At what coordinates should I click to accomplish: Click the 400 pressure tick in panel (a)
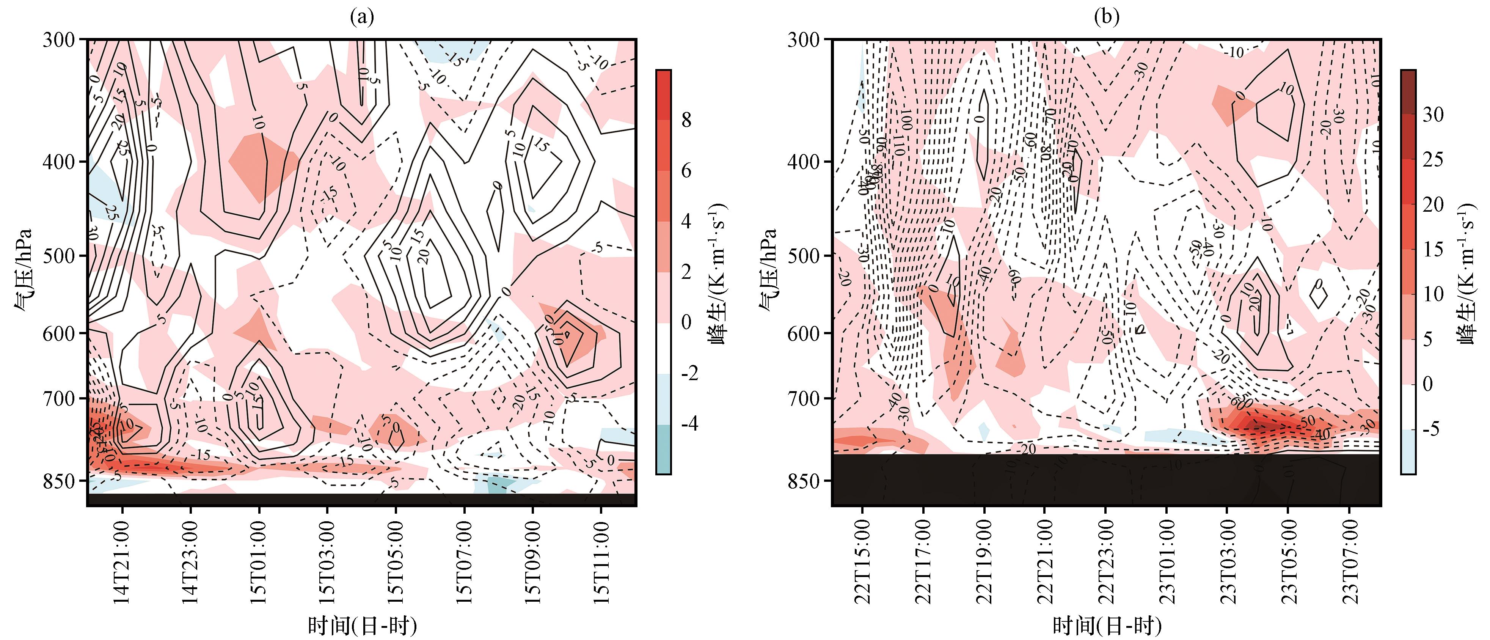click(59, 162)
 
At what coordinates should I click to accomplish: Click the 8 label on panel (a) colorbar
click(686, 120)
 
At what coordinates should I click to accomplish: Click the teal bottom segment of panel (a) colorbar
click(663, 450)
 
